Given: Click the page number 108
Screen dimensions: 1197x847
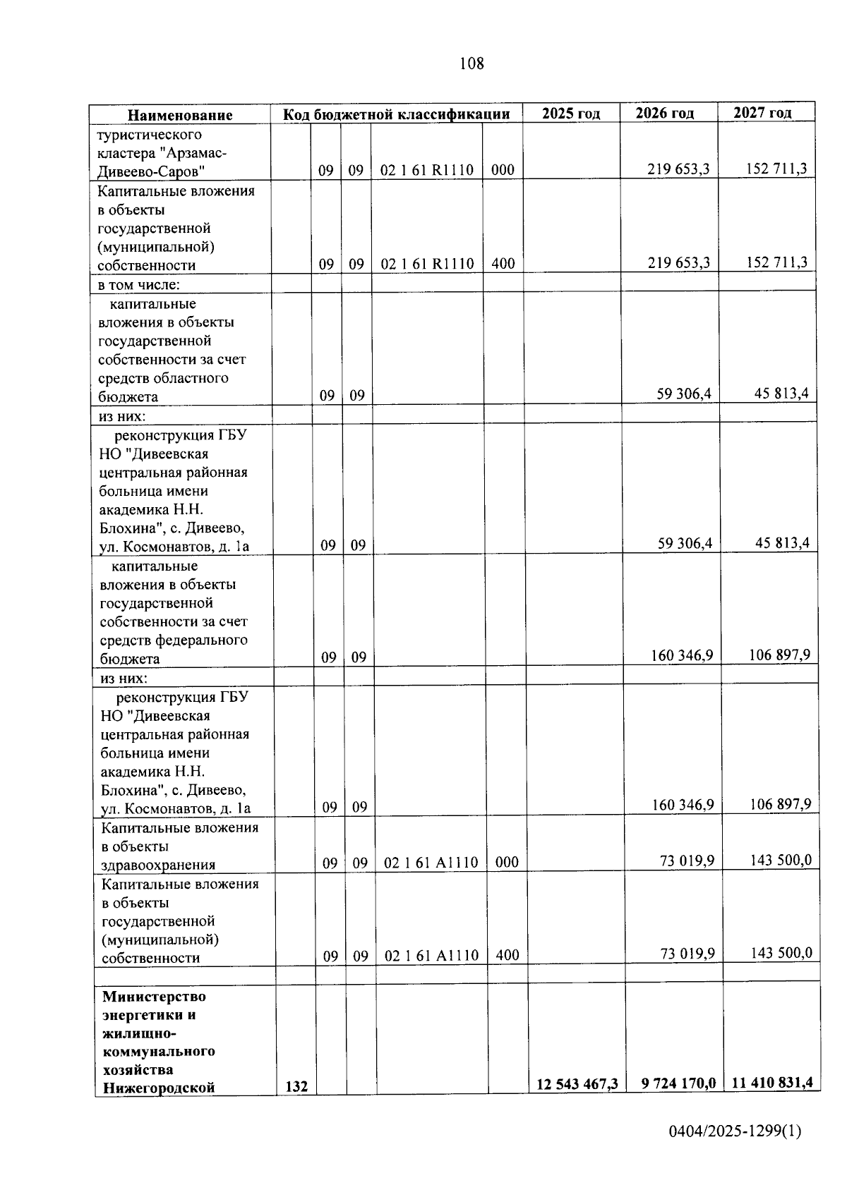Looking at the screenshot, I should point(471,63).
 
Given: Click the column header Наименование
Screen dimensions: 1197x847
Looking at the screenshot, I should point(180,115).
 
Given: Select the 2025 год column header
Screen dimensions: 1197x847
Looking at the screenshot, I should point(571,114).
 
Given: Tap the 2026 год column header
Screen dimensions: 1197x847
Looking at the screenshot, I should point(664,114).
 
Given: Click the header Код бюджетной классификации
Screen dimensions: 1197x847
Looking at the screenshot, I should point(397,114).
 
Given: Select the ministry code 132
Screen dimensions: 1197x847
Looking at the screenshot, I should point(296,1086).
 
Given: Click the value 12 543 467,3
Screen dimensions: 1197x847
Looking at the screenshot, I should point(577,1084).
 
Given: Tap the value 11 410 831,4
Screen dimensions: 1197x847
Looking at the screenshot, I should point(771,1082).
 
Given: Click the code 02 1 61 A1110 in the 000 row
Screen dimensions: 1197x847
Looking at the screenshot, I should point(431,862).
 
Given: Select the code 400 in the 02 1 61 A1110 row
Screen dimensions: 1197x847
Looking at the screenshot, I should point(507,955).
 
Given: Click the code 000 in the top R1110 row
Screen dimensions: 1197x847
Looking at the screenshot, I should point(503,170).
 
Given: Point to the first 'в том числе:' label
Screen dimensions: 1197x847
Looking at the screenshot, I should point(138,285).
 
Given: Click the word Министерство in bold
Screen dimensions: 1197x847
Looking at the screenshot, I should point(154,996).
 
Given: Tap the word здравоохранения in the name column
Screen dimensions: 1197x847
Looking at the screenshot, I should point(158,865).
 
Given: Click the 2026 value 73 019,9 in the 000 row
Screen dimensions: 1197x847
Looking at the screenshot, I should point(687,860).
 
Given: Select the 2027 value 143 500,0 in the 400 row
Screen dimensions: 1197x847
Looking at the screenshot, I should point(781,953).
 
